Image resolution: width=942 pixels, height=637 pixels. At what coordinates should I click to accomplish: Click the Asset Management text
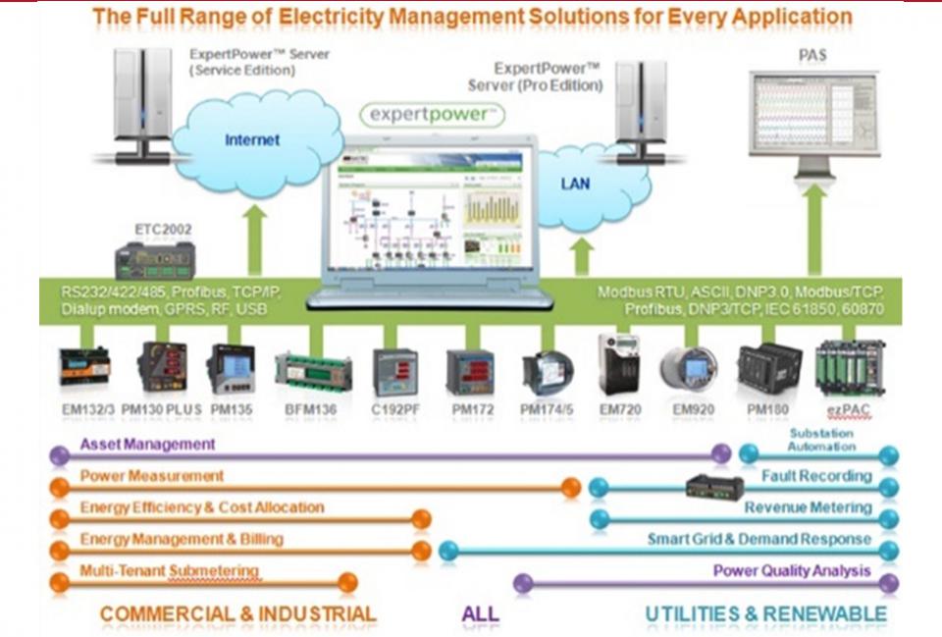(x=147, y=444)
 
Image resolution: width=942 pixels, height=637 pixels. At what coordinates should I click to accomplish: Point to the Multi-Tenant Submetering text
(x=169, y=571)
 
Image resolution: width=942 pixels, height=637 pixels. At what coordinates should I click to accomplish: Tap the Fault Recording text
(x=816, y=476)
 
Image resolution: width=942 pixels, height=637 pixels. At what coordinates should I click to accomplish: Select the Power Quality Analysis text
(x=791, y=571)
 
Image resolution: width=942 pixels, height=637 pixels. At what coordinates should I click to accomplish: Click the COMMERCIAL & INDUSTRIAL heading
(x=237, y=614)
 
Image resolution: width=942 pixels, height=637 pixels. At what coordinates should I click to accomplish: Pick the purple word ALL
(x=480, y=614)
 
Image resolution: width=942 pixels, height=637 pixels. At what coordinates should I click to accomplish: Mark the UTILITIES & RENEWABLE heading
(x=765, y=614)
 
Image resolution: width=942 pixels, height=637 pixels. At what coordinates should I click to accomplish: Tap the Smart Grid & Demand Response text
(x=759, y=539)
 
